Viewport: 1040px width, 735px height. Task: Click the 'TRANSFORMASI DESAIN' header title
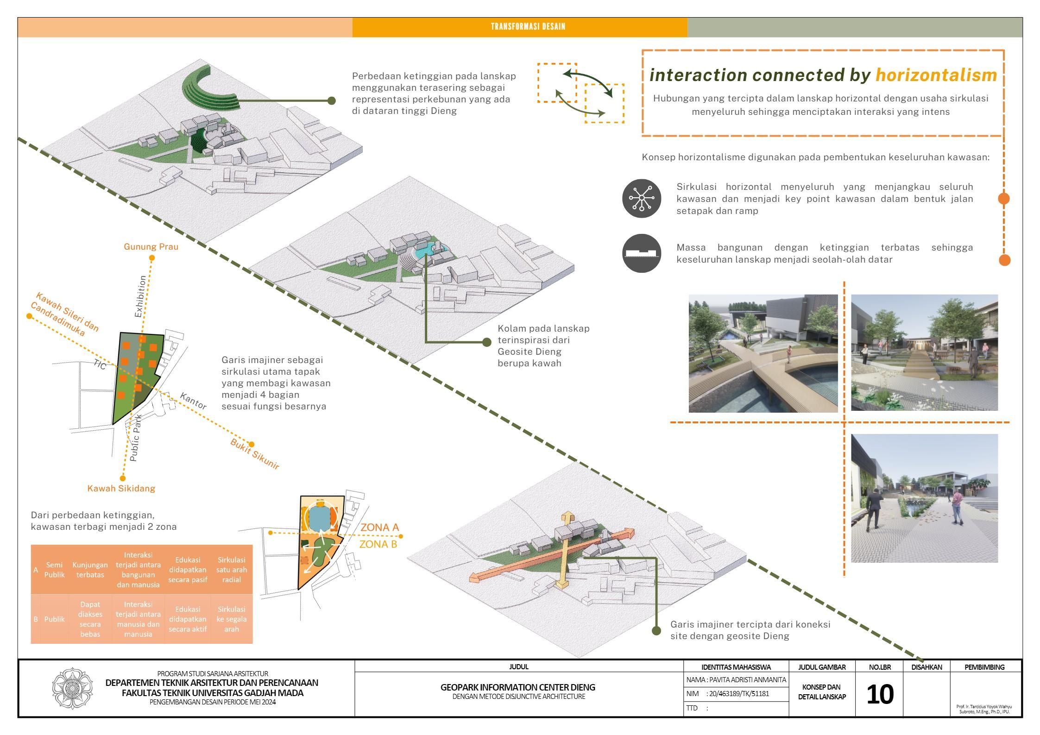tap(528, 26)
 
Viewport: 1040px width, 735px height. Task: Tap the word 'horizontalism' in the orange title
tap(936, 75)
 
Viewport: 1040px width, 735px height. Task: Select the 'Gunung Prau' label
tap(151, 246)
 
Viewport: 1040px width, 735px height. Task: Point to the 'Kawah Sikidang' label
tap(121, 488)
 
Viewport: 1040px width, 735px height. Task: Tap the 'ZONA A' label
tap(379, 527)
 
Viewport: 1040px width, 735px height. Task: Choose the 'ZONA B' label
tap(378, 544)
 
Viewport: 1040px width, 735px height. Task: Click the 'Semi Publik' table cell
tap(54, 570)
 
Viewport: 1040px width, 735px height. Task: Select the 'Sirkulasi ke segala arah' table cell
tap(231, 619)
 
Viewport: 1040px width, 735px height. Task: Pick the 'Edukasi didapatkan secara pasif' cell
tap(188, 570)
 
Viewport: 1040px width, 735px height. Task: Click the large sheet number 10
tap(879, 695)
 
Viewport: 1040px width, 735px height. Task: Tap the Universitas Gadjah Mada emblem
tap(72, 689)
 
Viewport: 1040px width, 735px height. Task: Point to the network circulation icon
tap(641, 198)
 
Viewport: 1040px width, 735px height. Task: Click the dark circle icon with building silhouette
tap(641, 253)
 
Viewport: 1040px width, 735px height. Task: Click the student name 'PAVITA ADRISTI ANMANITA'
tap(736, 680)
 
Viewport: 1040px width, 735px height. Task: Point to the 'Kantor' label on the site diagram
tap(193, 401)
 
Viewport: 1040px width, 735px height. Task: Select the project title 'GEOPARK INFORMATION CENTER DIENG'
tap(518, 687)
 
